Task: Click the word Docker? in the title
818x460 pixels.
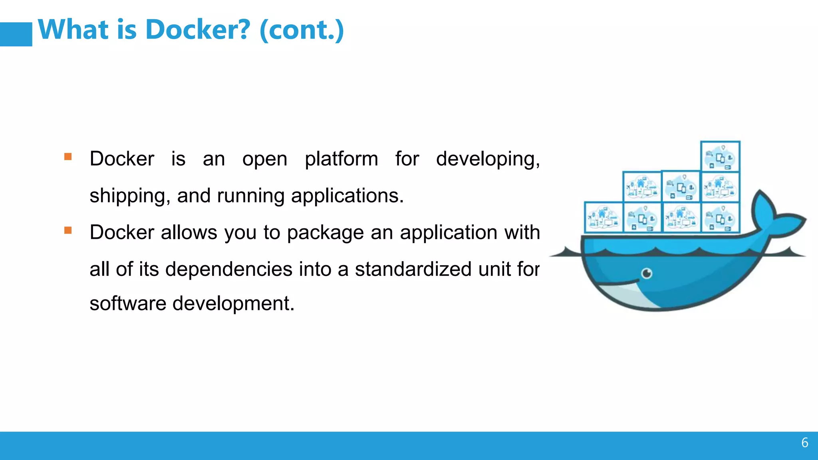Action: tap(198, 30)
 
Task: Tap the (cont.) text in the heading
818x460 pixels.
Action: tap(302, 30)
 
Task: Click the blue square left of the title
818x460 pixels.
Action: tap(16, 34)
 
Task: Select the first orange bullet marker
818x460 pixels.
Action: tap(68, 157)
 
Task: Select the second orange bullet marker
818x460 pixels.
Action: tap(68, 230)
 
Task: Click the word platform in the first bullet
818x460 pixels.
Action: tap(341, 159)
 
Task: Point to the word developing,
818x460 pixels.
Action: tap(488, 159)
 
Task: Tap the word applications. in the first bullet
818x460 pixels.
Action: tap(347, 196)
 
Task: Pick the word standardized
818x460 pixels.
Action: tap(413, 269)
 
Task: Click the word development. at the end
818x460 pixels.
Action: tap(233, 303)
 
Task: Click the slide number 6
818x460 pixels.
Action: tap(804, 442)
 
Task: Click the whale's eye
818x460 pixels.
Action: tap(647, 274)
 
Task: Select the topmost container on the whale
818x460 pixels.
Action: tap(720, 157)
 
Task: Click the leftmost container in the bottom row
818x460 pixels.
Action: tap(604, 218)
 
